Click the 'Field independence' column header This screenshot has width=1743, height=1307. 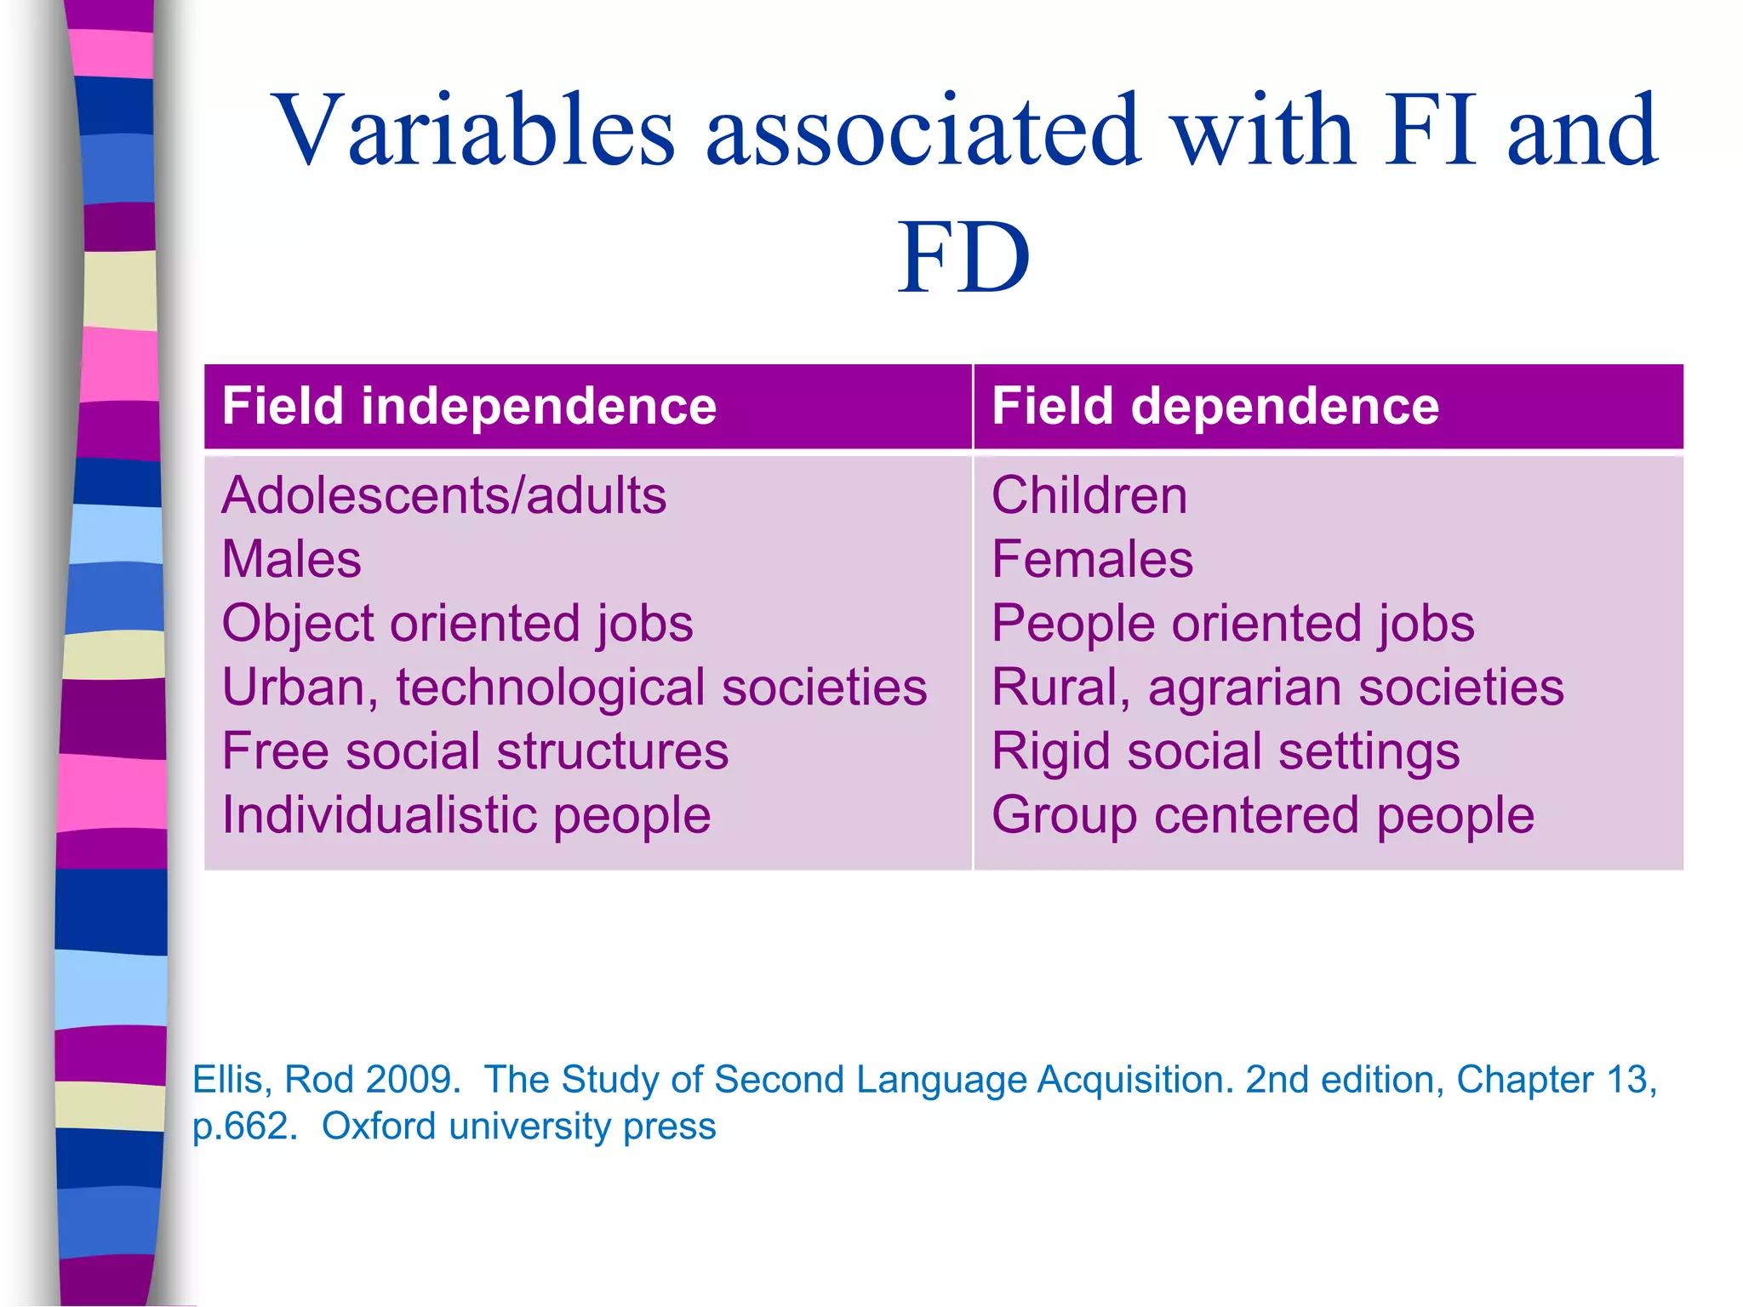(469, 406)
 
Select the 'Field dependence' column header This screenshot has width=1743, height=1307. (1214, 406)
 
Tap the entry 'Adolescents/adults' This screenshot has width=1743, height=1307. (443, 495)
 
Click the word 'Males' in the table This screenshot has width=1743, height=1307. (291, 559)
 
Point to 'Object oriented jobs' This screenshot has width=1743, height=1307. (457, 623)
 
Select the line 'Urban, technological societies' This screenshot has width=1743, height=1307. (574, 687)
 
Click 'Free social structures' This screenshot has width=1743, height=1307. (475, 751)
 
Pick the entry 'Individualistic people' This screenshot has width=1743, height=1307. (466, 815)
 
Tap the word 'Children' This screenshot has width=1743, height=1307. (1089, 495)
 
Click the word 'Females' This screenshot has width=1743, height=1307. (1092, 559)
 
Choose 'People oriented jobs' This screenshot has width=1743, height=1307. (1232, 623)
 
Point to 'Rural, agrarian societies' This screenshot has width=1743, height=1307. (1277, 687)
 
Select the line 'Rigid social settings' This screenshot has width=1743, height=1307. (1226, 751)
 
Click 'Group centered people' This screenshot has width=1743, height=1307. (1263, 815)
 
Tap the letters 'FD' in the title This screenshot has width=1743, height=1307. (963, 258)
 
